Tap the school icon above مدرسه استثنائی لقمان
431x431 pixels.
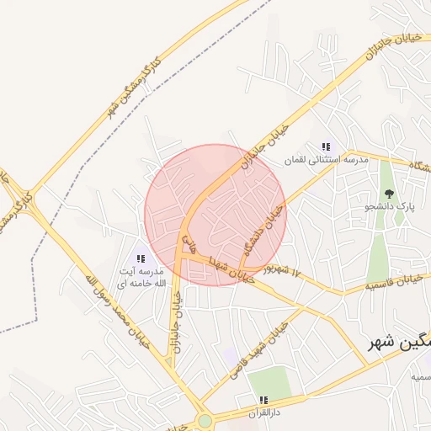(326, 146)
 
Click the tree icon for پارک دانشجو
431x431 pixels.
(388, 194)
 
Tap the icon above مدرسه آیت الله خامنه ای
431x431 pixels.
(141, 258)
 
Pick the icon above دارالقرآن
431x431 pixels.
(263, 400)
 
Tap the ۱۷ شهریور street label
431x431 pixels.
(280, 270)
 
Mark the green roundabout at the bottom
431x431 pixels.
(205, 421)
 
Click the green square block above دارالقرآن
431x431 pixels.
(269, 383)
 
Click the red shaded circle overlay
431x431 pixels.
(215, 215)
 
